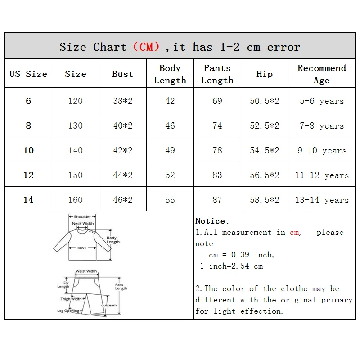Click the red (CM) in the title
click(146, 47)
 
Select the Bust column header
click(122, 74)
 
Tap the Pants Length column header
click(217, 74)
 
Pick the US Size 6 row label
click(28, 101)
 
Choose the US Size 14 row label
click(28, 200)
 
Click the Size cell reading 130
click(75, 126)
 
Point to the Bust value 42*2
click(122, 150)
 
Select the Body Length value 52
click(170, 175)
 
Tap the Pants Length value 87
click(217, 200)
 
